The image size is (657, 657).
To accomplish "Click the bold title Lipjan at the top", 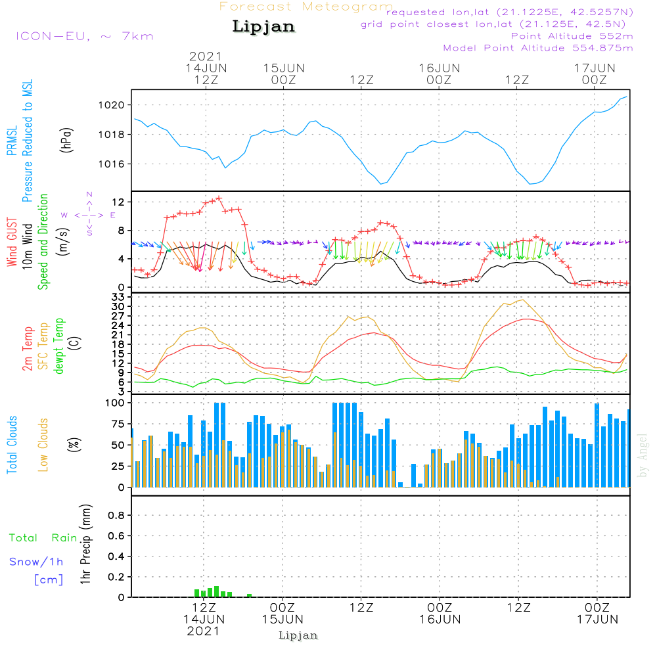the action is [x=263, y=27].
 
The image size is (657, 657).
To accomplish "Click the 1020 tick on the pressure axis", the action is [x=112, y=105].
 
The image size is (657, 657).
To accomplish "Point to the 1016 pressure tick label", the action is [x=112, y=164].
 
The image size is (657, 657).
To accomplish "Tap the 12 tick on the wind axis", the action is [x=118, y=202].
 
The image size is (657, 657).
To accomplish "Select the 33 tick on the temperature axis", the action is [x=118, y=297].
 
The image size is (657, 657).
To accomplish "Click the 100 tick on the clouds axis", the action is [x=115, y=403].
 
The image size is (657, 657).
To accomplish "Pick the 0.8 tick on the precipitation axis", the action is [x=116, y=515].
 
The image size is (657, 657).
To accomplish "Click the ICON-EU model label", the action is [x=85, y=36].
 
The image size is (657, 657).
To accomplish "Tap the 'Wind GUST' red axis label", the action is [x=12, y=242].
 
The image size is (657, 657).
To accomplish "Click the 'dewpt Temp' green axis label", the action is [x=58, y=346].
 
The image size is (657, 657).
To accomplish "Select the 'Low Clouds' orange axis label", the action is [x=43, y=445].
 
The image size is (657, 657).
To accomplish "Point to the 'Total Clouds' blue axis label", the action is [x=12, y=445].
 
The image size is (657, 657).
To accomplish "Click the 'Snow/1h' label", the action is [x=36, y=562].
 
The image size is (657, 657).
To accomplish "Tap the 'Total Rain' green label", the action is [x=43, y=538].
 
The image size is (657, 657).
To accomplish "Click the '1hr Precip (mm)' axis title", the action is [x=85, y=544].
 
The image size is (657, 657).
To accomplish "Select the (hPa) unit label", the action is [x=66, y=140].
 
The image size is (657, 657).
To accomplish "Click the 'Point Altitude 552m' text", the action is [x=572, y=36].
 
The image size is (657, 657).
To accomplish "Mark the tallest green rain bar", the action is [x=216, y=592].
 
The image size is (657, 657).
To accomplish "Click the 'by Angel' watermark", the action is [x=643, y=455].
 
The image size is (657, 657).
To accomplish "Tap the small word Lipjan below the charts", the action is [x=298, y=635].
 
